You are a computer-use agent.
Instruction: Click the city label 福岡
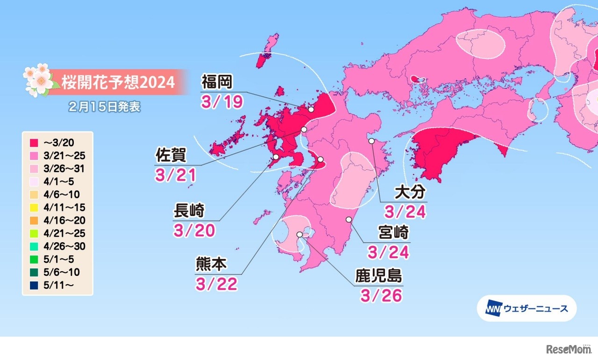coord(217,83)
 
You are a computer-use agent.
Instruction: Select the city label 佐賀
coord(171,154)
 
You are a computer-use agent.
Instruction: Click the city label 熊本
coord(211,265)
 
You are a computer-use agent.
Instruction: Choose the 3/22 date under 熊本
coord(217,283)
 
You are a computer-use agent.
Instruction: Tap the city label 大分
coord(409,192)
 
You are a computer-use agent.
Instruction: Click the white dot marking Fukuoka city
coord(311,109)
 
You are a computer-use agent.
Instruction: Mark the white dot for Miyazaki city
coord(349,219)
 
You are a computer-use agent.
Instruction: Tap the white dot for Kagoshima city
coord(299,234)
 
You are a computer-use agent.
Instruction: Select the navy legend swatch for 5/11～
coord(33,284)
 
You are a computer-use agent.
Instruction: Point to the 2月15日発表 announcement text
coord(104,107)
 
